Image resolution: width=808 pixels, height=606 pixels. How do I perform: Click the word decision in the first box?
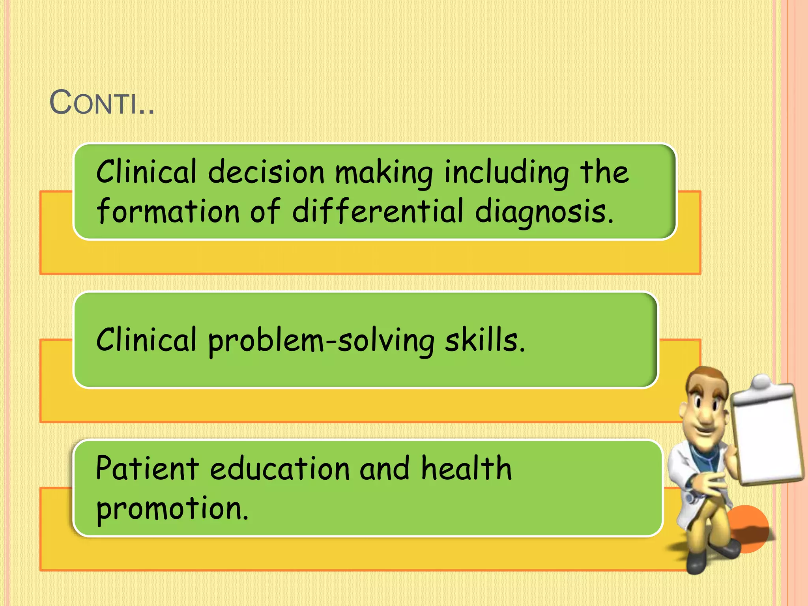coord(266,172)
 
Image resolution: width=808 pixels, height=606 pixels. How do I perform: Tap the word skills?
coord(484,340)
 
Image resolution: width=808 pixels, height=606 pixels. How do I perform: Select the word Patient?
coord(147,468)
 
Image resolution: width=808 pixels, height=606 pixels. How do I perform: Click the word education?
coord(280,468)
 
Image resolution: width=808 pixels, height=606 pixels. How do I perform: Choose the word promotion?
coord(172,509)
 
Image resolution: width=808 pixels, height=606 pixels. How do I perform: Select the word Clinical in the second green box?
coord(146,340)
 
